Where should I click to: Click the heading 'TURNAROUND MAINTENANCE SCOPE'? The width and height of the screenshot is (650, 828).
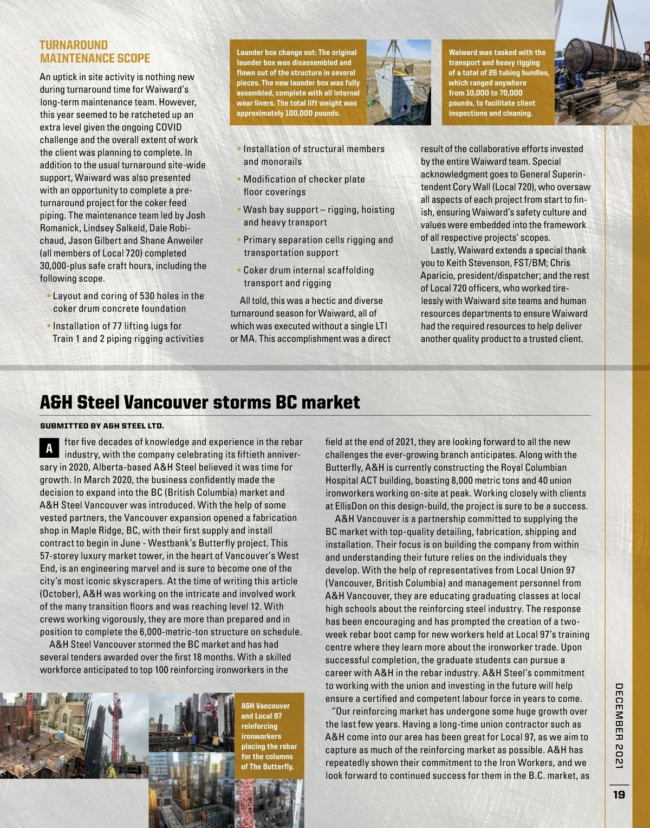pos(95,52)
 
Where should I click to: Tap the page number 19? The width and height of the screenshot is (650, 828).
pos(619,794)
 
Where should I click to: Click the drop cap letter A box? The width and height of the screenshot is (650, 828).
pos(49,448)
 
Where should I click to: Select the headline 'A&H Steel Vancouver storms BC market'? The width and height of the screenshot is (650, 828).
pos(200,402)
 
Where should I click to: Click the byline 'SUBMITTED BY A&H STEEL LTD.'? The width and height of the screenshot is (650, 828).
pos(102,426)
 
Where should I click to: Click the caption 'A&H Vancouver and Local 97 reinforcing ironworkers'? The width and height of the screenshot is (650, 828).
pos(269,736)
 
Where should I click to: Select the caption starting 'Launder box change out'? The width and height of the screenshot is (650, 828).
pos(298,82)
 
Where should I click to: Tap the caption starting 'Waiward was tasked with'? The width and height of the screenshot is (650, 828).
pos(498,82)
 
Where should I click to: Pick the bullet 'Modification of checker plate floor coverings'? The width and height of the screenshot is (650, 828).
pos(303,185)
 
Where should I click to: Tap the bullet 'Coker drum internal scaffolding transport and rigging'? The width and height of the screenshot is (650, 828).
pos(308,277)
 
